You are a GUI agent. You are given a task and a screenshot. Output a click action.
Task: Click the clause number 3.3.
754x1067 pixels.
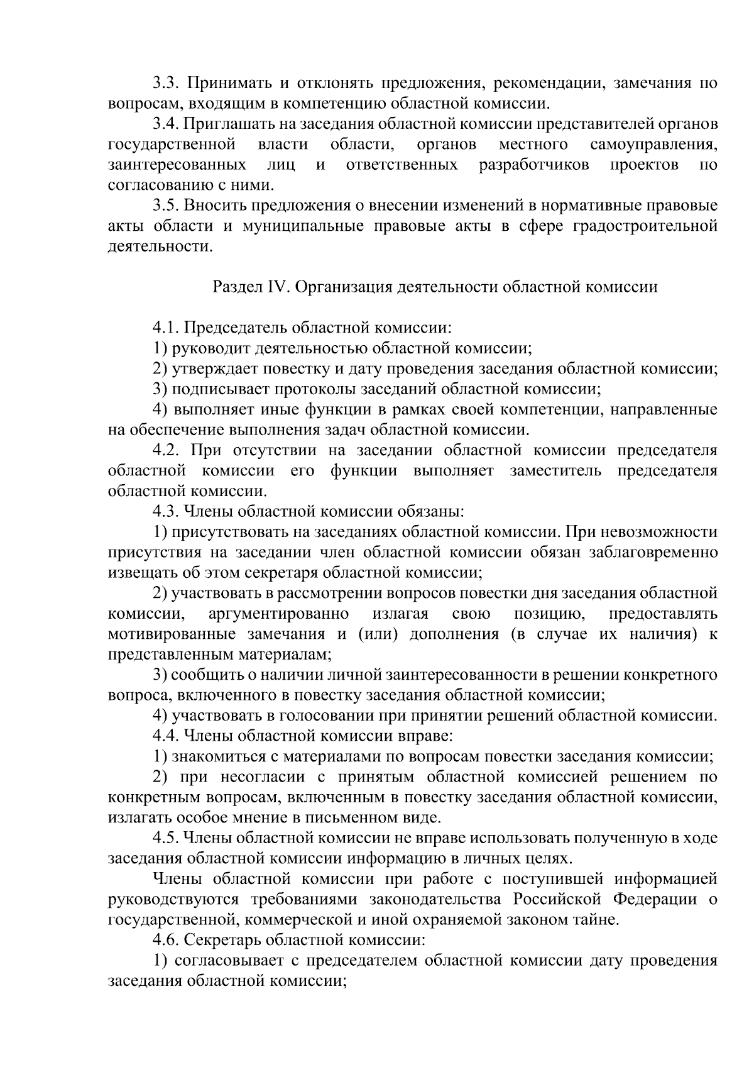coord(167,84)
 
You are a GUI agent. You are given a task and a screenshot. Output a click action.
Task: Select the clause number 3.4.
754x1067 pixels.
coord(167,124)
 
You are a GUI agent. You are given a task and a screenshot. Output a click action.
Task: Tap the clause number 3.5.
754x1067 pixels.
coord(167,206)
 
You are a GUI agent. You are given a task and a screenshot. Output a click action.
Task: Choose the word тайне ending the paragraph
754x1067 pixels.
coord(599,920)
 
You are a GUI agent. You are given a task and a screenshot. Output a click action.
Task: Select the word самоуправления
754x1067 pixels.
coord(653,145)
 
